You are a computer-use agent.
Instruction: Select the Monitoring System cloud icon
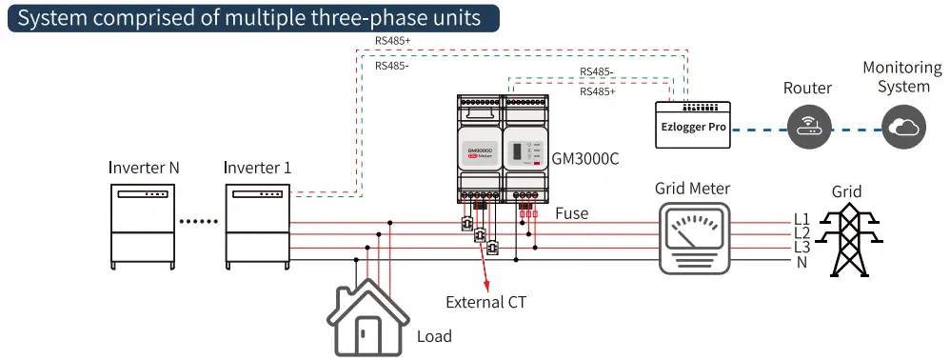[x=903, y=126]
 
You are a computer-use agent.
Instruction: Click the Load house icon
[x=366, y=315]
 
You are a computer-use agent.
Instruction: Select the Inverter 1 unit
[x=257, y=226]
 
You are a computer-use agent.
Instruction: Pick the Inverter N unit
[x=142, y=226]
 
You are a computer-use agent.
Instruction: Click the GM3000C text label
[x=585, y=159]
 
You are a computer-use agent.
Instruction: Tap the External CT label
[x=485, y=303]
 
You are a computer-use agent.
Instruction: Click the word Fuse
[x=571, y=213]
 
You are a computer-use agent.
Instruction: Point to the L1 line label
[x=802, y=218]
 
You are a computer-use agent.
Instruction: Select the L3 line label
[x=802, y=248]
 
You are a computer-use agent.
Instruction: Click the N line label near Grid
[x=802, y=262]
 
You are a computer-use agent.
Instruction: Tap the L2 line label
[x=802, y=232]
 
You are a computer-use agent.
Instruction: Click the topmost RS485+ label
[x=393, y=41]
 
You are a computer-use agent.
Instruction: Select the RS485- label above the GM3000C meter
[x=598, y=71]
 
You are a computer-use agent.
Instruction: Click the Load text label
[x=434, y=336]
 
